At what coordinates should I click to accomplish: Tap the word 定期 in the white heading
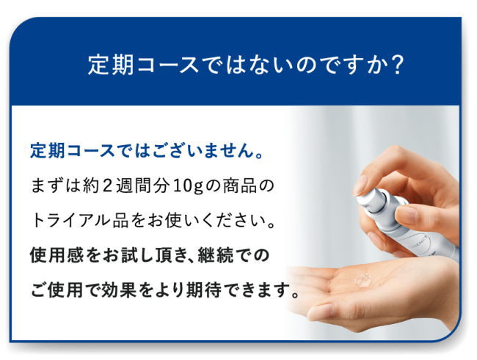coord(111,65)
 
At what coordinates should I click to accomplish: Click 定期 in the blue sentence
coord(48,150)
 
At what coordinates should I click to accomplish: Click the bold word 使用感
coord(56,255)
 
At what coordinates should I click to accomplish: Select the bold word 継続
coord(215,255)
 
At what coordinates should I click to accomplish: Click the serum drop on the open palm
coord(363,279)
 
